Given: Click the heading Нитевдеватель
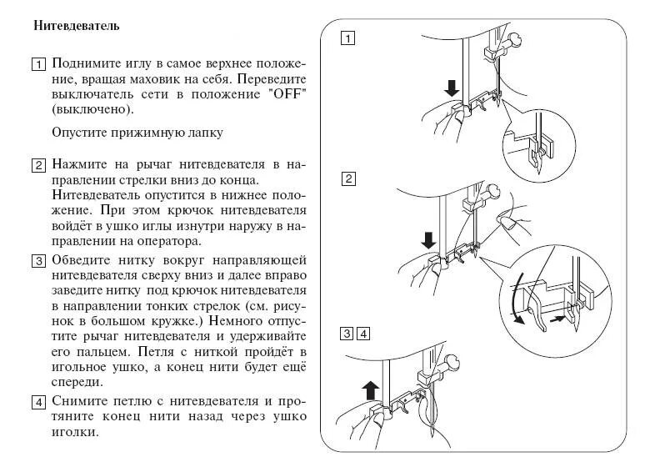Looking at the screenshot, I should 77,26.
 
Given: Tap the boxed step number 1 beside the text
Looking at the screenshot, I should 38,65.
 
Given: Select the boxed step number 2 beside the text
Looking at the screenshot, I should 38,164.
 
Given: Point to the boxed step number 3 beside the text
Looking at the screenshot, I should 38,261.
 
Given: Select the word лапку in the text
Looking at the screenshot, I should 202,133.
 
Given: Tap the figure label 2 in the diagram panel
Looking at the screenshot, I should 348,178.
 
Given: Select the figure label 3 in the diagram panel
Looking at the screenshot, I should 347,335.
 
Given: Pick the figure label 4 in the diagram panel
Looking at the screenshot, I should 363,335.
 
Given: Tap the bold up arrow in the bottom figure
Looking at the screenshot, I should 370,388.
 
